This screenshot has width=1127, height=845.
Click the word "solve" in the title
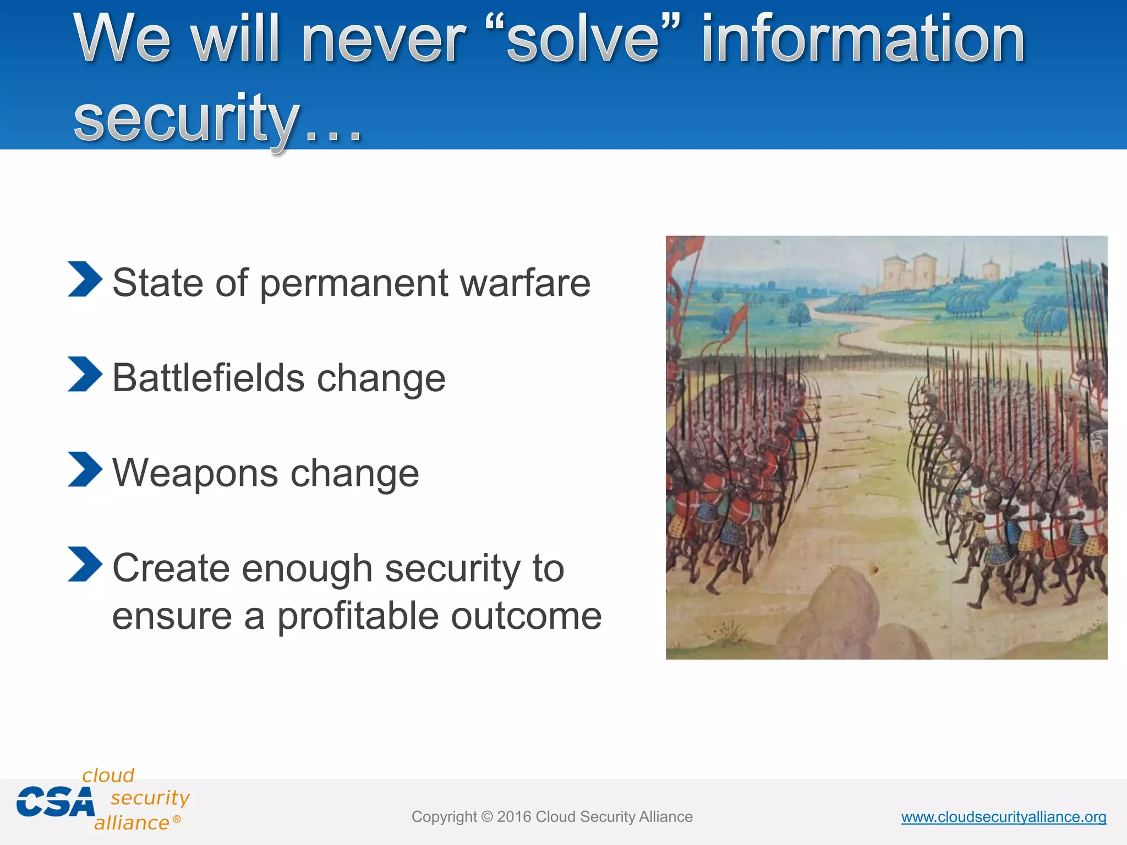tap(583, 40)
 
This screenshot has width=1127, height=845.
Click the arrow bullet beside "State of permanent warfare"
tap(85, 279)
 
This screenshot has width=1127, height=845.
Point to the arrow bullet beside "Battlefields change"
tap(85, 374)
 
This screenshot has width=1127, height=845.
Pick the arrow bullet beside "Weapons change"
tap(85, 469)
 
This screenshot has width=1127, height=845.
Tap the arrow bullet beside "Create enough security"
tap(85, 564)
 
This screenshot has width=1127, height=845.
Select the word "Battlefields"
tap(209, 378)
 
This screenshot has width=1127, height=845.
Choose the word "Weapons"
tap(195, 473)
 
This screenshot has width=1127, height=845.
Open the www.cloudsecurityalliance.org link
tap(1003, 817)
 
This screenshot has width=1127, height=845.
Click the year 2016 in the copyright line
tap(514, 817)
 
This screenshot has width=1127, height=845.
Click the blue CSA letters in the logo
tap(55, 802)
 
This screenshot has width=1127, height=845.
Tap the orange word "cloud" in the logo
tap(108, 775)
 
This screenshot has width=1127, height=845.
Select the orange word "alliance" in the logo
tap(132, 823)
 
